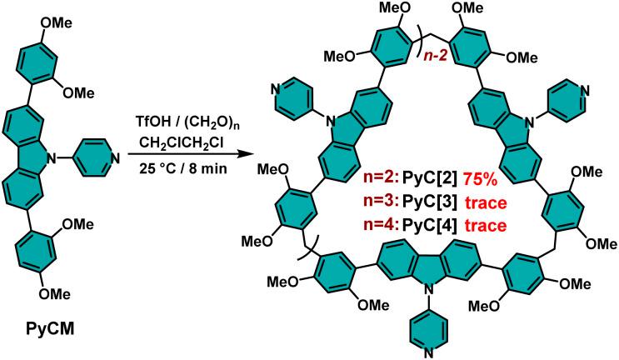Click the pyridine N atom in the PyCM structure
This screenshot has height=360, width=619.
tap(114, 158)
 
